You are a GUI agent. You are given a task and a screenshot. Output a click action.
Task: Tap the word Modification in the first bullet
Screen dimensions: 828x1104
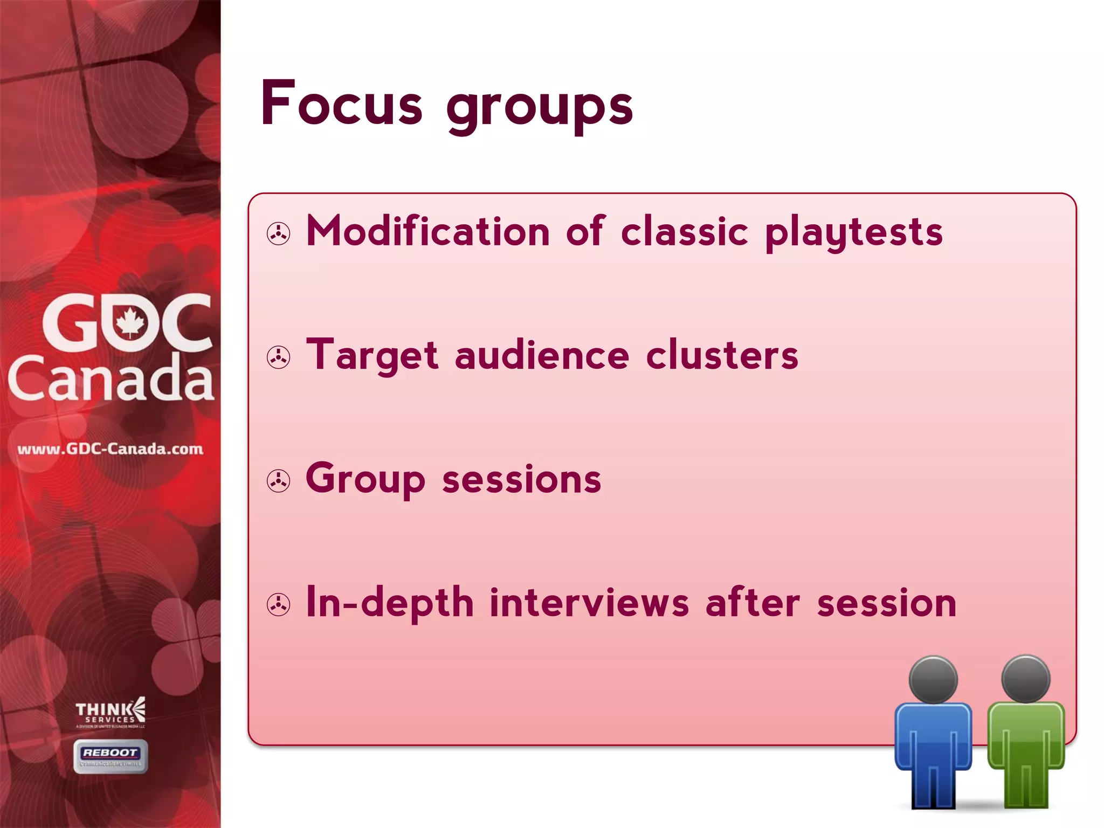click(428, 231)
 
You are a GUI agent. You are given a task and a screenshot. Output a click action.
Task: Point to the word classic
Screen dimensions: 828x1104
click(685, 231)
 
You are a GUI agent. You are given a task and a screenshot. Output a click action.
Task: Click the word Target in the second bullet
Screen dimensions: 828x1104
click(372, 356)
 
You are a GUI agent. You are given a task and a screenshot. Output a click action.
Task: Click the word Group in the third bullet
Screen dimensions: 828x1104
click(365, 479)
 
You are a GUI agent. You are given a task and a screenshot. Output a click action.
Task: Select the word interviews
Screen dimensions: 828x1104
click(589, 602)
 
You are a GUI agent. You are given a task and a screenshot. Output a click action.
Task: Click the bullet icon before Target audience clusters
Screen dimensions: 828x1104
click(279, 357)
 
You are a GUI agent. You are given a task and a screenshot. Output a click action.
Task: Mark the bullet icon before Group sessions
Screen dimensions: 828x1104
click(279, 481)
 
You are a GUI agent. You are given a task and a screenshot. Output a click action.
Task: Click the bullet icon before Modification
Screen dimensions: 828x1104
click(279, 234)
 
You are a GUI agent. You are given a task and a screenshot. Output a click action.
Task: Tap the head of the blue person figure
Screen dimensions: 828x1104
click(933, 680)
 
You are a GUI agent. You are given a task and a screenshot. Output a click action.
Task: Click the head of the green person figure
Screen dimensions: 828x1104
click(1026, 679)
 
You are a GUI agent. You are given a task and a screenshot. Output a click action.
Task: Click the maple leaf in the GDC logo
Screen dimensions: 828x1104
click(130, 323)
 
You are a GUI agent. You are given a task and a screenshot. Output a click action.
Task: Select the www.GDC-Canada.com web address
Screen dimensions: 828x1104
click(110, 449)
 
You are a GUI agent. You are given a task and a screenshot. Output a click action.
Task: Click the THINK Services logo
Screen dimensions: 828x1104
click(110, 712)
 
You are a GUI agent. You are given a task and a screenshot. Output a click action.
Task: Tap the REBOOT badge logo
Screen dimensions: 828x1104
click(111, 756)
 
